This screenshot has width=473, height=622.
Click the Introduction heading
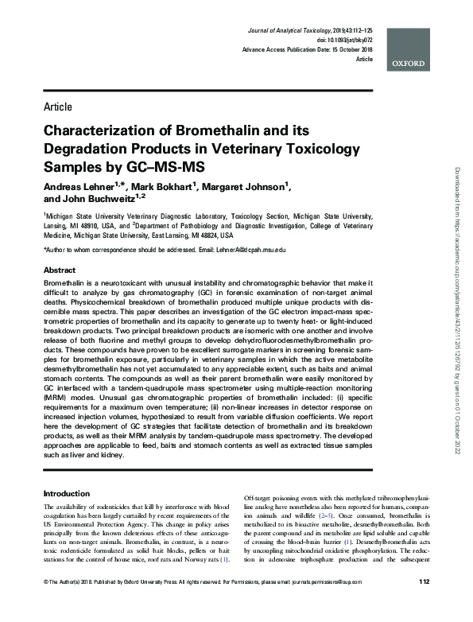[x=67, y=494]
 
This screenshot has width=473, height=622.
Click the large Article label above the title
[x=58, y=107]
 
